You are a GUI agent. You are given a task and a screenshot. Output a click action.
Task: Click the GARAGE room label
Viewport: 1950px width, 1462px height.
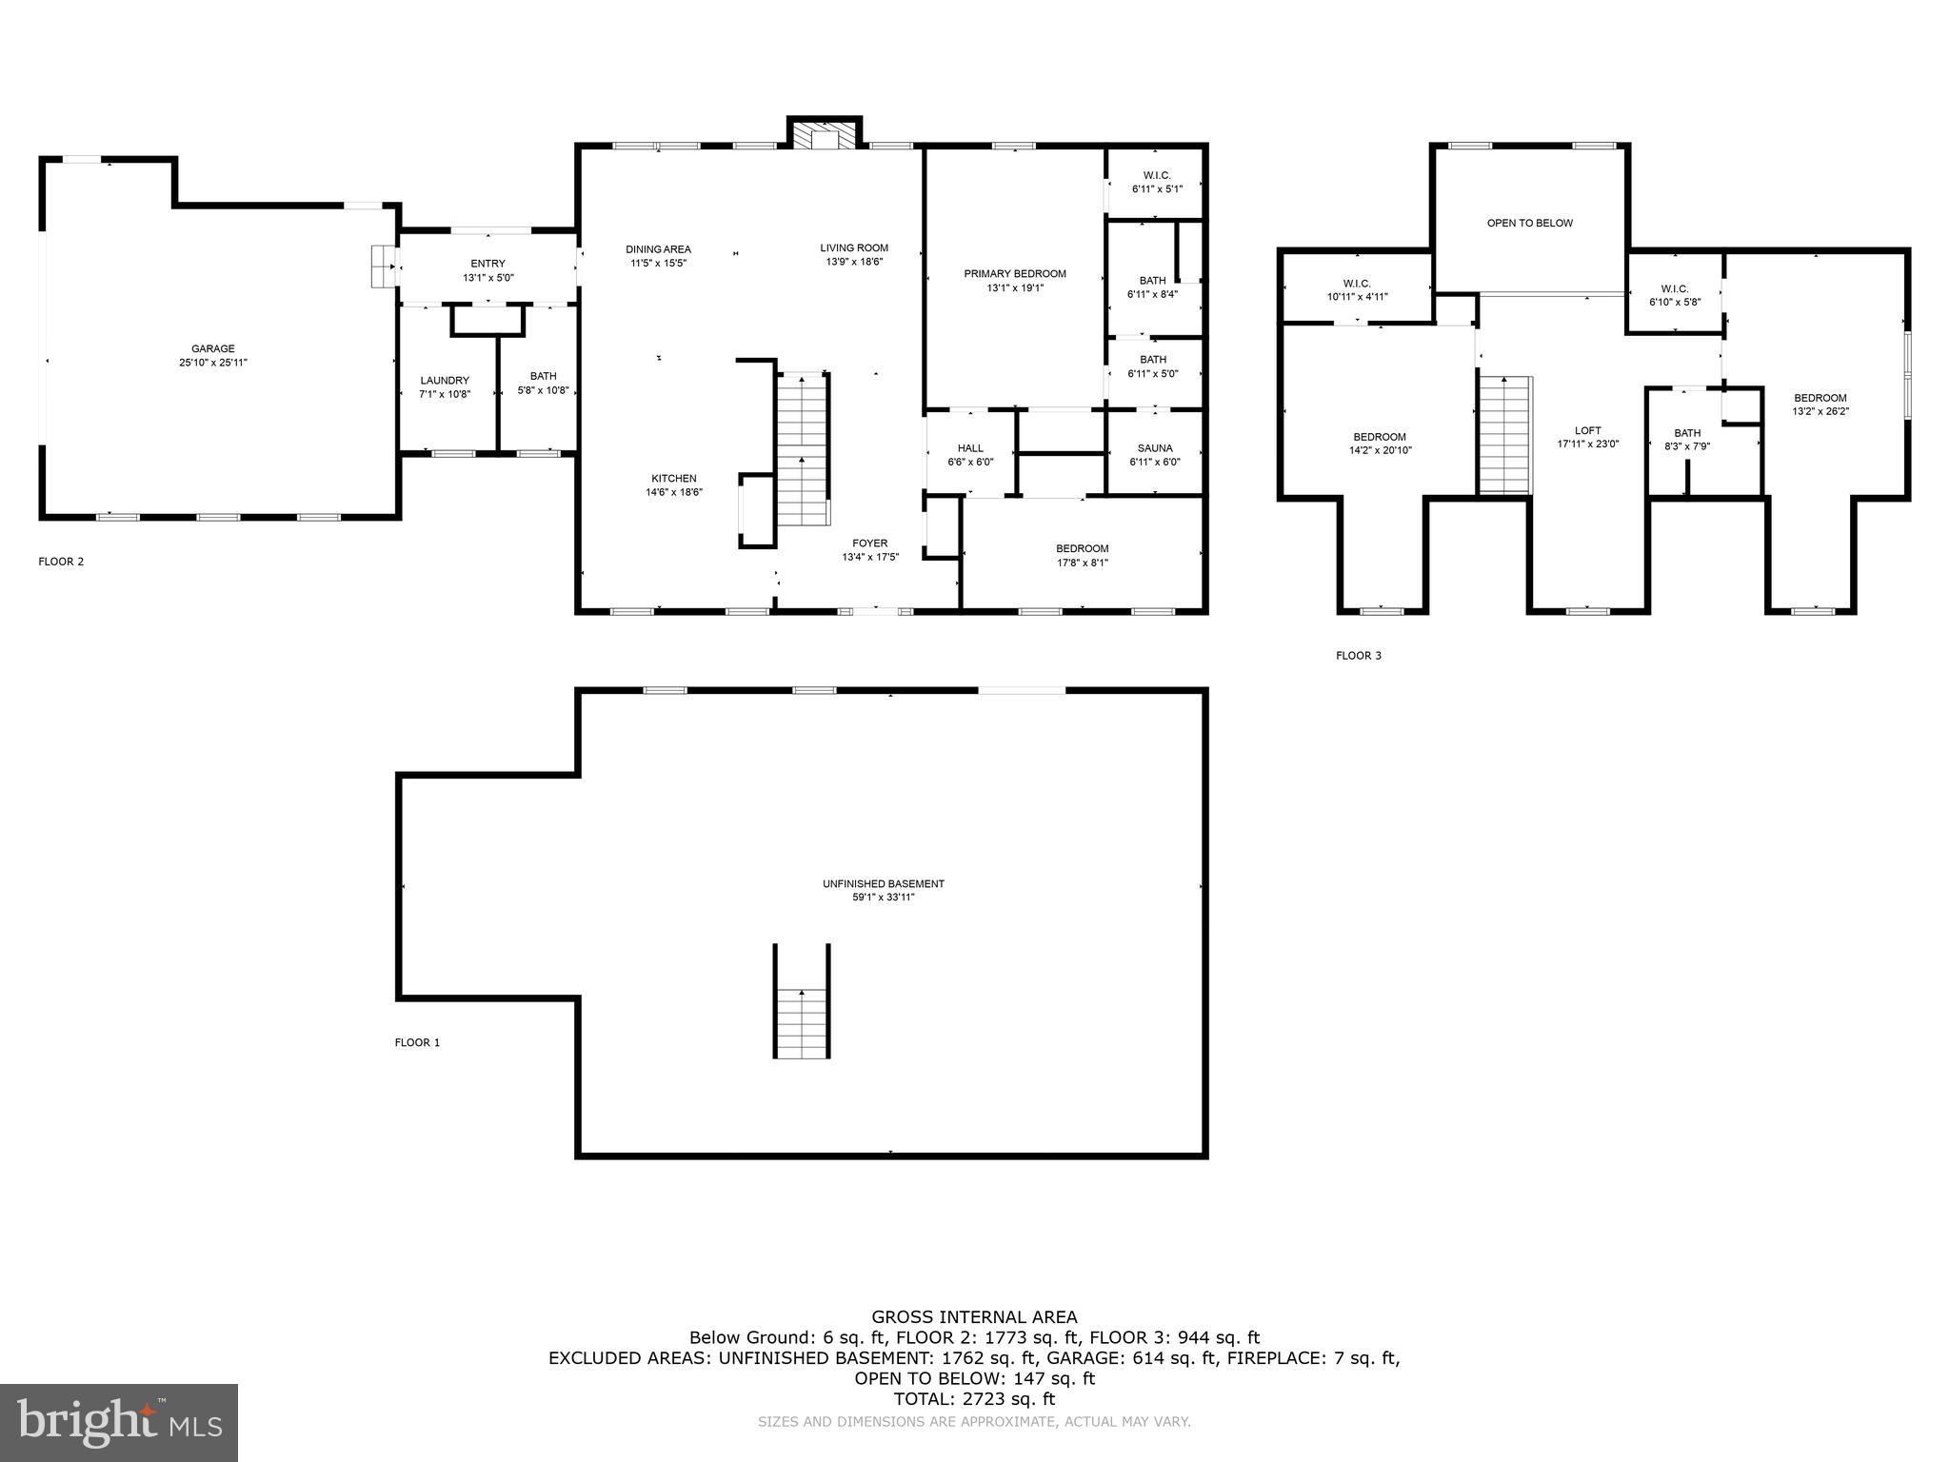(x=212, y=348)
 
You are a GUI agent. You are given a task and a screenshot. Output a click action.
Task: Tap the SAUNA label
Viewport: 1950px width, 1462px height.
(x=1155, y=448)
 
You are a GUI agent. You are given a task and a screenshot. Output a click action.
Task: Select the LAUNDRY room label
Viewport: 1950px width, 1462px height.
(x=445, y=381)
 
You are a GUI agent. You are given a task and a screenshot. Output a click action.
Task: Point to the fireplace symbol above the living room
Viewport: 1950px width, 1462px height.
(x=824, y=135)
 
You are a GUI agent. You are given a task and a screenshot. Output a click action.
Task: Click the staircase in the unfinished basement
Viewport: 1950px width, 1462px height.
(x=802, y=1022)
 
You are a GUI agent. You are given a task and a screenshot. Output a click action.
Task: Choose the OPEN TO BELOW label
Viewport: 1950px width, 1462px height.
(x=1530, y=223)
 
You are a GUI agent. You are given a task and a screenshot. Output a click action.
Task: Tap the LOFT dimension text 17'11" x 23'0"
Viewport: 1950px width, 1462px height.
(x=1588, y=444)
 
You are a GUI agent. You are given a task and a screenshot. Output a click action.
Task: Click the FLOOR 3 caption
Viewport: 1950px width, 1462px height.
(x=1358, y=656)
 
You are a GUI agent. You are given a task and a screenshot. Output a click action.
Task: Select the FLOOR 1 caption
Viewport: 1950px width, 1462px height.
(x=417, y=1042)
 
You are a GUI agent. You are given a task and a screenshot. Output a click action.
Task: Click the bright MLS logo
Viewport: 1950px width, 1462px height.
(x=119, y=1423)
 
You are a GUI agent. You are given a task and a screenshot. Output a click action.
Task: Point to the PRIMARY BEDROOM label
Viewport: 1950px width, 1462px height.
(x=1015, y=274)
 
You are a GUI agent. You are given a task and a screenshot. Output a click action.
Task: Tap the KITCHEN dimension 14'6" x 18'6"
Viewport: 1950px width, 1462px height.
(x=674, y=492)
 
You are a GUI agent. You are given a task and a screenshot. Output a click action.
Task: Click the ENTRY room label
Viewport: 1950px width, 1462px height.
(x=487, y=264)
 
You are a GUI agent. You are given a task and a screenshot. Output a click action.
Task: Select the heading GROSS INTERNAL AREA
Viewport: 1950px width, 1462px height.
(x=974, y=1317)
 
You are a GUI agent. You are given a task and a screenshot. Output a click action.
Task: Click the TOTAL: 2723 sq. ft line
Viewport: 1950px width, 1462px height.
(x=974, y=1399)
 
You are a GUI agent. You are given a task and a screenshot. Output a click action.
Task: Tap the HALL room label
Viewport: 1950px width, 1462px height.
(x=970, y=448)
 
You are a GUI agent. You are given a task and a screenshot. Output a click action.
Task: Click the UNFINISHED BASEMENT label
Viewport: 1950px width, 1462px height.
(x=884, y=883)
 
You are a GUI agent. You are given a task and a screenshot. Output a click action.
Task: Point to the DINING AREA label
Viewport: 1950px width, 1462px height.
(x=658, y=249)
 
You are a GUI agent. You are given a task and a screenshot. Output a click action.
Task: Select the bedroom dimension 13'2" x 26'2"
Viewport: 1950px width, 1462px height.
(x=1821, y=412)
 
